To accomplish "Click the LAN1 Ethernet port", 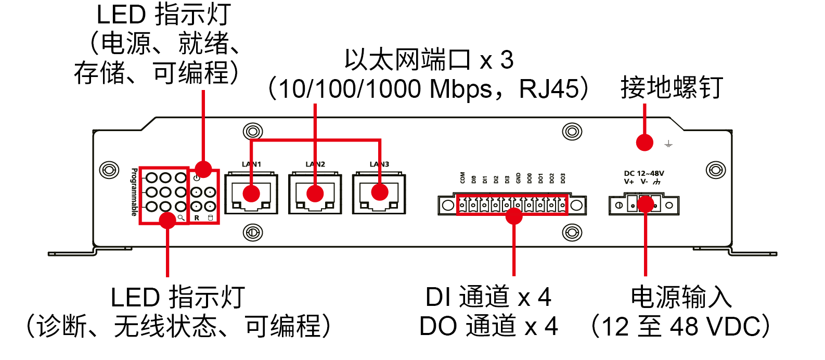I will (251, 194).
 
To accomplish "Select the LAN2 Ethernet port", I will (315, 194).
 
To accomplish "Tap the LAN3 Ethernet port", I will (379, 194).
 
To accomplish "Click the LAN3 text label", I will (379, 164).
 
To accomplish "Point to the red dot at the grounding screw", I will (644, 142).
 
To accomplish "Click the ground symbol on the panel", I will (668, 144).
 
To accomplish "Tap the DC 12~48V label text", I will (644, 173).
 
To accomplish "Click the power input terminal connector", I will (644, 204).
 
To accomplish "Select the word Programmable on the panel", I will (134, 191).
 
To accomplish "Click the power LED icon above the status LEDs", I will (196, 178).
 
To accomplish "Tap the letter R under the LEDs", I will (197, 218).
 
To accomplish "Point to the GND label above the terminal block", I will (518, 178).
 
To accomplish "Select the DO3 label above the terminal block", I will (563, 178).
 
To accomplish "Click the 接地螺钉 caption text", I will (672, 87).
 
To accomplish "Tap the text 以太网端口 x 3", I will (429, 60).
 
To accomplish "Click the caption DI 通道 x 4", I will (488, 297).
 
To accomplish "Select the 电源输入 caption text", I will (681, 297).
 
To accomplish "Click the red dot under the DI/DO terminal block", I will (514, 216).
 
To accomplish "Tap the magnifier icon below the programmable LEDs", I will (181, 218).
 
